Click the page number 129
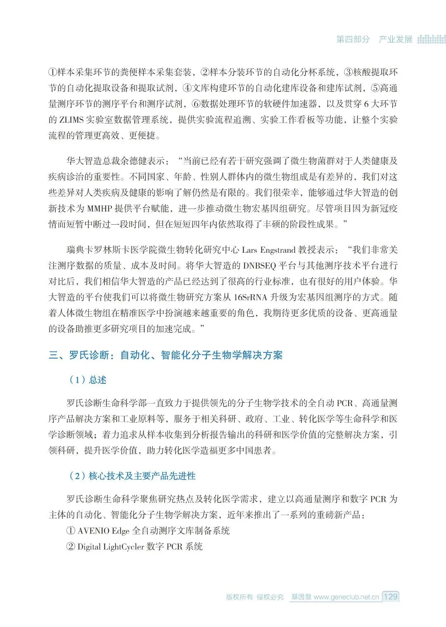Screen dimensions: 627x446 coord(390,596)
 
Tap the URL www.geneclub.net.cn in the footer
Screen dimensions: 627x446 coord(346,597)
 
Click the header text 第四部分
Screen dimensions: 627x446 coord(353,39)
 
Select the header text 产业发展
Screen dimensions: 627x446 coord(396,39)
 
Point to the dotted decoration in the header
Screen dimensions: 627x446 coord(431,39)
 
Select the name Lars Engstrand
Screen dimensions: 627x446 coord(269,250)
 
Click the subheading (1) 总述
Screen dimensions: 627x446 coord(88,380)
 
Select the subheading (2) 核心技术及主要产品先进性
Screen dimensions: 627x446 coord(132,476)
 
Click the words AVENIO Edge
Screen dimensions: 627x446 coord(103,531)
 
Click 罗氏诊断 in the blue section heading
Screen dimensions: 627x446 coord(89,355)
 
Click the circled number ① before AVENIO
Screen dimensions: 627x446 coord(71,531)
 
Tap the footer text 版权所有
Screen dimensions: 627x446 coord(239,597)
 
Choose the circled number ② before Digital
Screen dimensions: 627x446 coord(71,547)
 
